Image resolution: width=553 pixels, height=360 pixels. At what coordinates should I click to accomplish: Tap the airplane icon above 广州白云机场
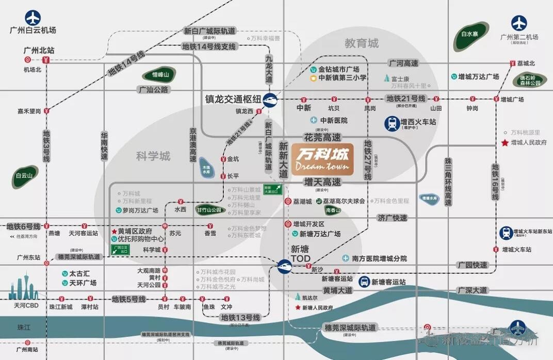click(32, 18)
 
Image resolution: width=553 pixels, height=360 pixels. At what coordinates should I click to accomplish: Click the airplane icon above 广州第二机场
click(519, 23)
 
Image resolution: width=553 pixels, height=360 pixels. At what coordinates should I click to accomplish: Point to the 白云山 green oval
click(24, 176)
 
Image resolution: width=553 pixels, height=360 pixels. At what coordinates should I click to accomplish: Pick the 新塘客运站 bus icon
click(363, 282)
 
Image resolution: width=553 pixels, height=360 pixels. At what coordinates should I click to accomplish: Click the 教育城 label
click(362, 43)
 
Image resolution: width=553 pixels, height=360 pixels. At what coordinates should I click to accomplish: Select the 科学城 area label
click(153, 156)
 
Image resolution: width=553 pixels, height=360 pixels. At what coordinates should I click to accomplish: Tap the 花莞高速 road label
click(322, 138)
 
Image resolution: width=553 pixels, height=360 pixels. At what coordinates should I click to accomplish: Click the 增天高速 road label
click(322, 182)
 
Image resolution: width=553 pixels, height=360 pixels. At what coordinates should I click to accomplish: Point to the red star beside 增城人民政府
click(505, 142)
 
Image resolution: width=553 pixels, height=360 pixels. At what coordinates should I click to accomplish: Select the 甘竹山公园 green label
click(208, 210)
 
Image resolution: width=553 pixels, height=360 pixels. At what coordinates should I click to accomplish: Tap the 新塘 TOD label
click(301, 253)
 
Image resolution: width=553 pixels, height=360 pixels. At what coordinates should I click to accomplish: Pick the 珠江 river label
click(24, 327)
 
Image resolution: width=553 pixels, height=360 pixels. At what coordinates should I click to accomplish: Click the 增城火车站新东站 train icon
click(506, 233)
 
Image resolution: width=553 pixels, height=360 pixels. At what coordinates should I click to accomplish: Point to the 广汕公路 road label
click(154, 90)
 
